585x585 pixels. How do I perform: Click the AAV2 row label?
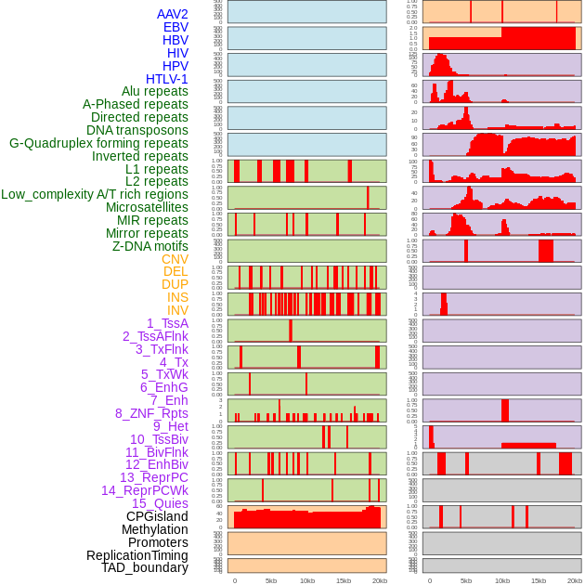(x=172, y=14)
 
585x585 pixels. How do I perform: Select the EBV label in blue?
(x=175, y=27)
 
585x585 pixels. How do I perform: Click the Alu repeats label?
(x=154, y=91)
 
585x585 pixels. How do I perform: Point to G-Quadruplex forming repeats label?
(x=98, y=143)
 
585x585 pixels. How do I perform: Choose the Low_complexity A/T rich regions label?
(x=95, y=194)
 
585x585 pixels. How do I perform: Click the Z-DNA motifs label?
(x=150, y=246)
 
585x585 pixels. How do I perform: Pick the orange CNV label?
(x=175, y=259)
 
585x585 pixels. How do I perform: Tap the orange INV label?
(x=177, y=310)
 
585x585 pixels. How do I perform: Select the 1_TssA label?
(x=167, y=323)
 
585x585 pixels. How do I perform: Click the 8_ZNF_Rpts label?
(x=151, y=413)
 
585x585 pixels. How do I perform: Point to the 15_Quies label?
(x=160, y=503)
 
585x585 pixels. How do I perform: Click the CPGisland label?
(x=157, y=516)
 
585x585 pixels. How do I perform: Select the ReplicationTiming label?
(x=137, y=555)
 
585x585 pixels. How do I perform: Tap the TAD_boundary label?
(x=145, y=567)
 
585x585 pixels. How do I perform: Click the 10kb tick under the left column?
(x=306, y=580)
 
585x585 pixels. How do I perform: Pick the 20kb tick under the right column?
(x=575, y=580)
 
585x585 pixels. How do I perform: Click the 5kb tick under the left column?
(x=270, y=580)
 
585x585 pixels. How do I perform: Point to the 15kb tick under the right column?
(x=538, y=580)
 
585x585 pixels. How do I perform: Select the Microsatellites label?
(x=147, y=207)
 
